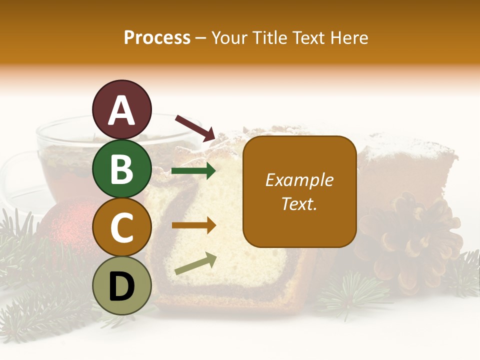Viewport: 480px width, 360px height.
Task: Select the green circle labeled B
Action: pyautogui.click(x=121, y=168)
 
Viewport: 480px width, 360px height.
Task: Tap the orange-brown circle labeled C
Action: pyautogui.click(x=121, y=227)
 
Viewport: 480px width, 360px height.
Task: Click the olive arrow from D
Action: pyautogui.click(x=195, y=263)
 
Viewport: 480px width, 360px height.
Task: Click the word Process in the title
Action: pyautogui.click(x=157, y=37)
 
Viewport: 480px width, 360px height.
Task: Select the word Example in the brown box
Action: pyautogui.click(x=299, y=180)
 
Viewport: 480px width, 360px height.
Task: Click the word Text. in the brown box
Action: pyautogui.click(x=299, y=203)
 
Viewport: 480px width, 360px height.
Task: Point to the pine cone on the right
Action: pyautogui.click(x=410, y=235)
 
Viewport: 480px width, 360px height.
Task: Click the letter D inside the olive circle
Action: pyautogui.click(x=121, y=287)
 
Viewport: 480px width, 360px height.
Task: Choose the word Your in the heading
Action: pyautogui.click(x=231, y=37)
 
